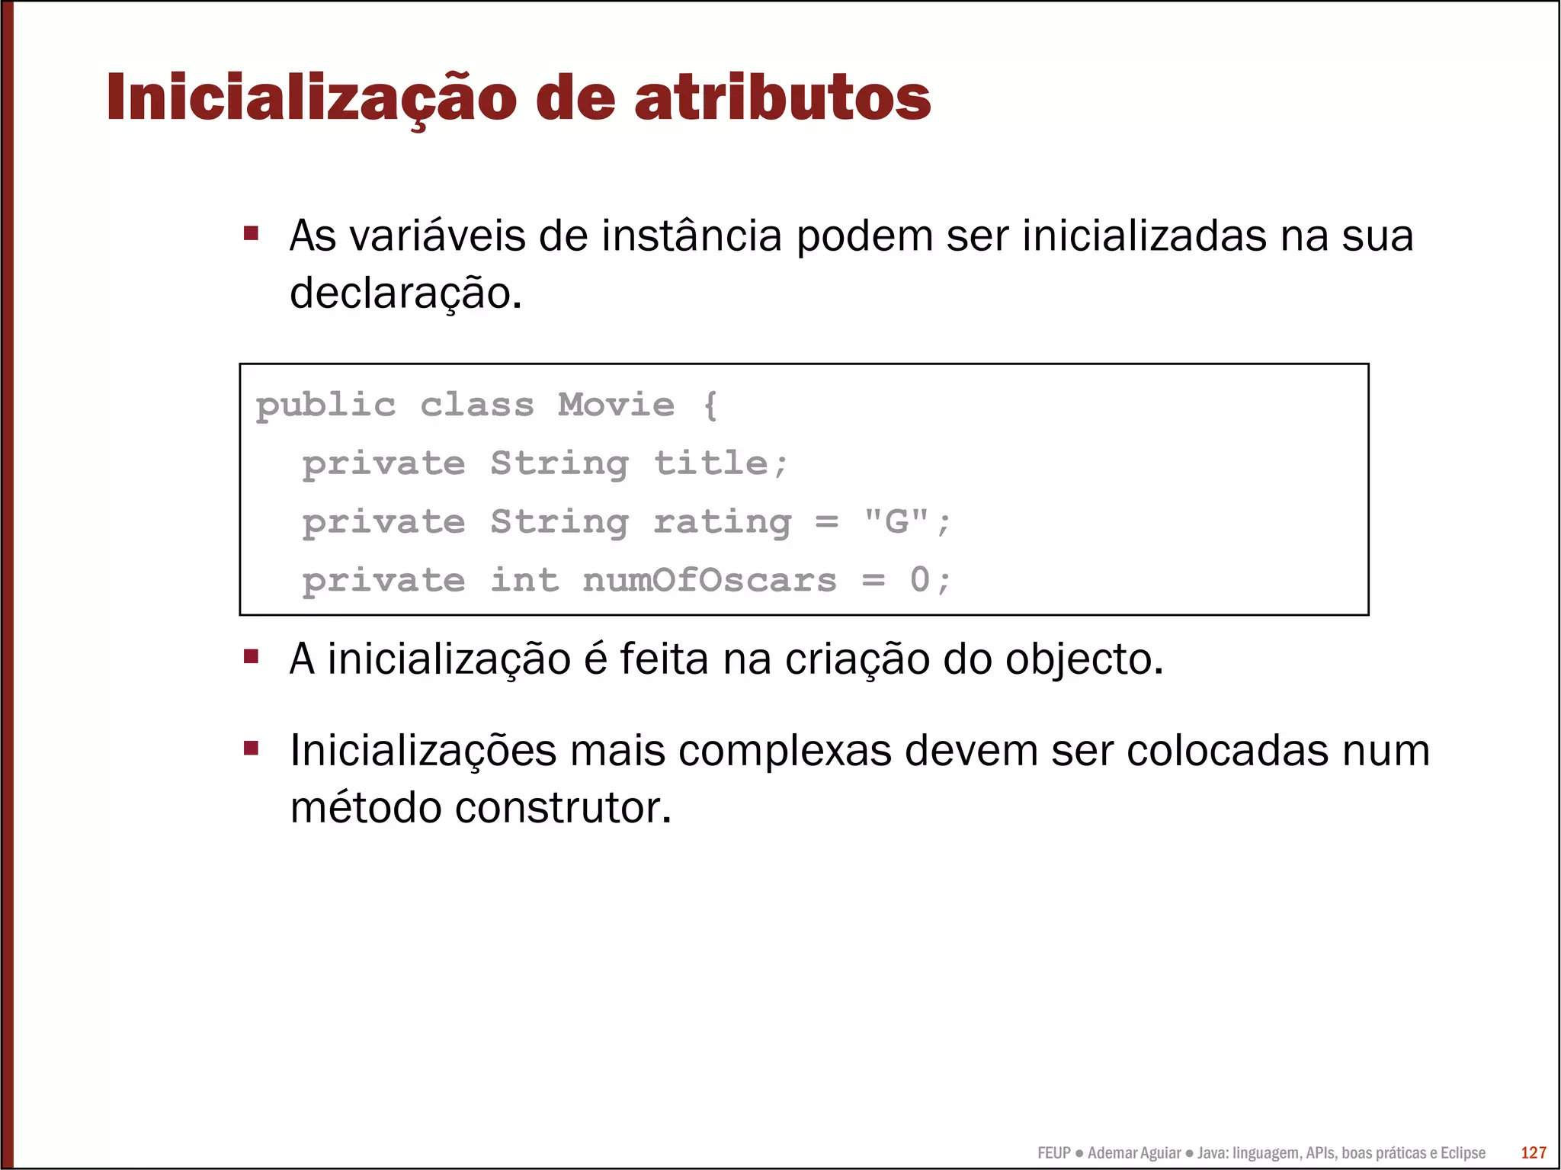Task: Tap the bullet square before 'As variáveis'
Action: click(251, 232)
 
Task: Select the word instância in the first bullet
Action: click(691, 236)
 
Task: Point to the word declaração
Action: click(405, 293)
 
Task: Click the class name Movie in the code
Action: click(616, 405)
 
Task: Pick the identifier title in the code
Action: click(711, 463)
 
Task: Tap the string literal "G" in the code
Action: click(896, 521)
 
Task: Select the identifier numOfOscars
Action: click(709, 580)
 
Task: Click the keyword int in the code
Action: click(524, 580)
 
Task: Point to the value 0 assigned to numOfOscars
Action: click(920, 580)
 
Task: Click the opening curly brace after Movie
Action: click(710, 405)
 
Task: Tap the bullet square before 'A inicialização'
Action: click(251, 656)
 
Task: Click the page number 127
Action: click(1533, 1152)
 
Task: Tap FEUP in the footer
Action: click(1053, 1153)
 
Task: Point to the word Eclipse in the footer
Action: click(1462, 1153)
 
